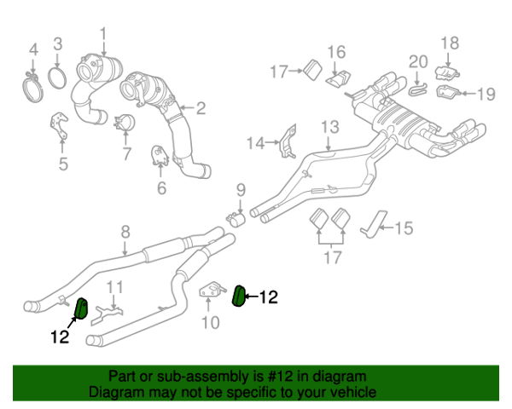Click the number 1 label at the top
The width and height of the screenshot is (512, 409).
[x=103, y=35]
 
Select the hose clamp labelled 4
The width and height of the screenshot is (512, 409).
[x=34, y=84]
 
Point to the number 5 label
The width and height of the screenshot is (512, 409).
[x=62, y=163]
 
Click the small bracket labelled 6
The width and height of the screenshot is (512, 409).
[x=160, y=155]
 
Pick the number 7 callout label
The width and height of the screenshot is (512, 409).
[x=126, y=154]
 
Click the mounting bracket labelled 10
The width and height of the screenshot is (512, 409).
[x=210, y=293]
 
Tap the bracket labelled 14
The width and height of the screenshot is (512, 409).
[x=288, y=142]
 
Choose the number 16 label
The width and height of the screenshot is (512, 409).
[x=336, y=50]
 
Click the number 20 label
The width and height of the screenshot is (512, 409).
[x=417, y=61]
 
